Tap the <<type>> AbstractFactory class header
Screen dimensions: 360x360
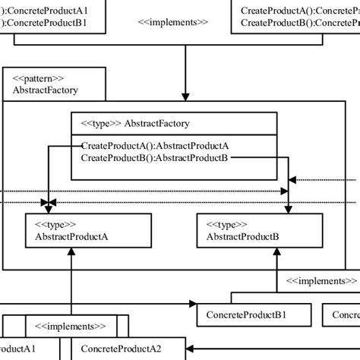[130, 124]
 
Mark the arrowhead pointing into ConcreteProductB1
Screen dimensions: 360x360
[191, 305]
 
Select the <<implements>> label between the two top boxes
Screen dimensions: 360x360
[172, 23]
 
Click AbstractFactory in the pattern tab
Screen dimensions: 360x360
[45, 90]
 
